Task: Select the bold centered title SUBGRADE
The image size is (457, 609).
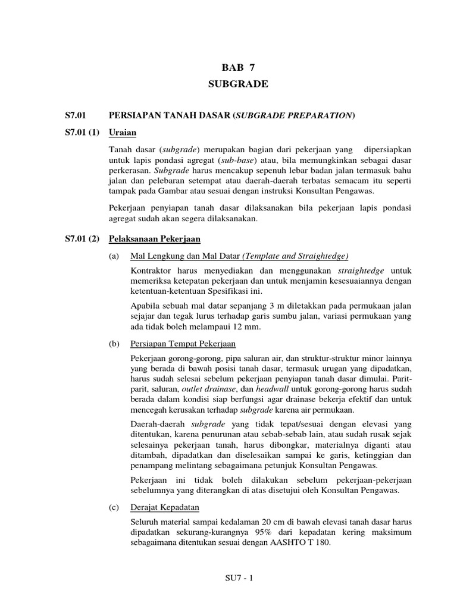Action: (238, 84)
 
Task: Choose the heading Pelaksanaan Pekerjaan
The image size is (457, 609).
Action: (155, 238)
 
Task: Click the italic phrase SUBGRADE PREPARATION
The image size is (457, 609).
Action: (295, 115)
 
